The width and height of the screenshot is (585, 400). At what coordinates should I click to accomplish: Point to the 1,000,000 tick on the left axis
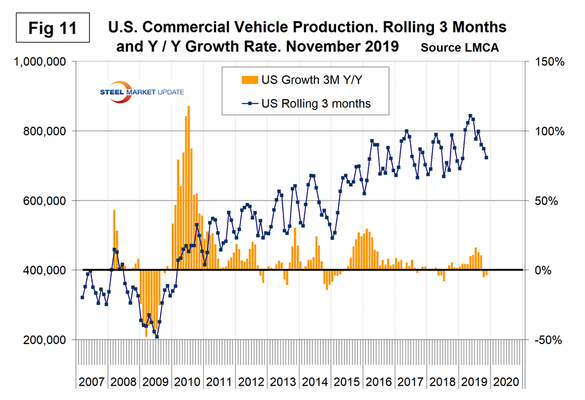(40, 62)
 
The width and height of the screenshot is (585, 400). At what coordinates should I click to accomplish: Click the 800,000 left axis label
(44, 131)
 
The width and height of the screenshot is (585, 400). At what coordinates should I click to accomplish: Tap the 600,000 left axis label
(44, 201)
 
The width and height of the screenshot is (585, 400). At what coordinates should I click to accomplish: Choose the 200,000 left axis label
(44, 340)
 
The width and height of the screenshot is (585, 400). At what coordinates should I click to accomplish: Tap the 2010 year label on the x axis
(188, 381)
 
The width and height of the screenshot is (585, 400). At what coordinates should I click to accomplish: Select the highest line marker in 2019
(470, 116)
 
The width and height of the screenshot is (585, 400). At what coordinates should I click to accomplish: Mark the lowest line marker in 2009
(157, 336)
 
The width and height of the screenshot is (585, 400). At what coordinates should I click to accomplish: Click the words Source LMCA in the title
(460, 48)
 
